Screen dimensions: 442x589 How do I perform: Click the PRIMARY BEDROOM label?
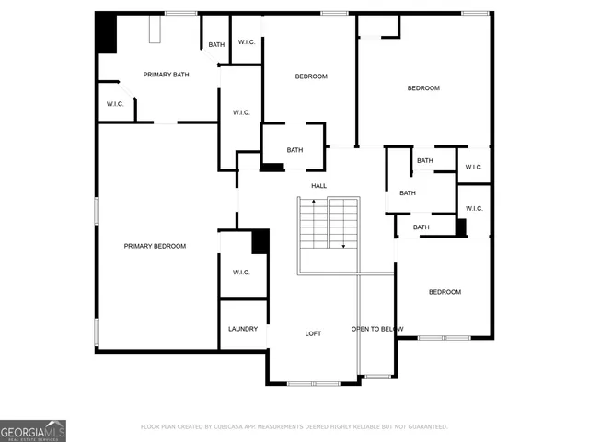click(x=156, y=246)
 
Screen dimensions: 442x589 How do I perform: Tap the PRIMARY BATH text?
click(x=166, y=75)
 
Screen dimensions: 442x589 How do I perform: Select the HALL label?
click(x=318, y=186)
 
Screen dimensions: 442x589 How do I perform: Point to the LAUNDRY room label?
click(x=243, y=329)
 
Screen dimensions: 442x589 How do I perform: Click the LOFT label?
click(x=313, y=333)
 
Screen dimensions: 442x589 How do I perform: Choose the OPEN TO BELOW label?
click(x=377, y=329)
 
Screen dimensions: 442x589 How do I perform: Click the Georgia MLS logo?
click(x=33, y=431)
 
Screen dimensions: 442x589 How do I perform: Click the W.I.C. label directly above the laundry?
click(x=241, y=273)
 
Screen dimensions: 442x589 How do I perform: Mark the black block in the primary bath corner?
click(x=108, y=34)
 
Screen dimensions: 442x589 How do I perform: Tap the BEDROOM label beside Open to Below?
click(x=445, y=292)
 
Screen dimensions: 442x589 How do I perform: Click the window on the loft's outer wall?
click(x=313, y=383)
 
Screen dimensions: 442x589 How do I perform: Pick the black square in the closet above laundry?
click(x=260, y=240)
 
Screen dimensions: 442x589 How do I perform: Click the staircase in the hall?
click(x=328, y=224)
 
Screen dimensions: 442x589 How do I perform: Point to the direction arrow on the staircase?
click(x=343, y=245)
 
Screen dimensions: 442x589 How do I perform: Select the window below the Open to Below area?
click(x=377, y=376)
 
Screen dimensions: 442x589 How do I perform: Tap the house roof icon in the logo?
click(x=53, y=424)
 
